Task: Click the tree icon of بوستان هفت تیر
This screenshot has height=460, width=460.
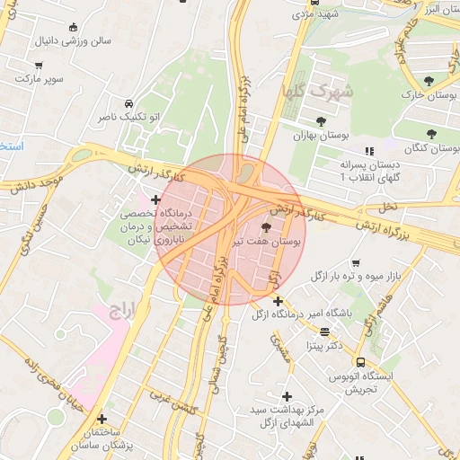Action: click(x=265, y=227)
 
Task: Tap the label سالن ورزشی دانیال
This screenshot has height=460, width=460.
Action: click(x=72, y=41)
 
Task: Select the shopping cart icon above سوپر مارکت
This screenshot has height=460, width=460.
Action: click(x=39, y=66)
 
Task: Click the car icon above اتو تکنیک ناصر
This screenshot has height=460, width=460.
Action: click(x=130, y=102)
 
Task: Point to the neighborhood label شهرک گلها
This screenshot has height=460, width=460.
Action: click(x=330, y=92)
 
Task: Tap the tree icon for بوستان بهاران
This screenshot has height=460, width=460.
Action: click(x=321, y=121)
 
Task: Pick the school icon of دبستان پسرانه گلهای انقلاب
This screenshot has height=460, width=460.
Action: click(x=368, y=152)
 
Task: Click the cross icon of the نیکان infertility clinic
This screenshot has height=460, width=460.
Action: click(x=156, y=199)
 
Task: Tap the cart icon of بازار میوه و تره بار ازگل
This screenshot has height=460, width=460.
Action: click(x=356, y=263)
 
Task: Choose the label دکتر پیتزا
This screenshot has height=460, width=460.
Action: click(x=324, y=344)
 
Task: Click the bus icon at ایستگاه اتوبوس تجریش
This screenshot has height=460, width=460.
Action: click(x=360, y=362)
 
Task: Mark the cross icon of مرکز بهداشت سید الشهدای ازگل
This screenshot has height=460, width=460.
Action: click(x=287, y=396)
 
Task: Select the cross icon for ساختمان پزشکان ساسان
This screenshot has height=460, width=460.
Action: click(x=102, y=419)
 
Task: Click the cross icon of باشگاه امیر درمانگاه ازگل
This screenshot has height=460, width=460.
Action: click(x=279, y=301)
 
